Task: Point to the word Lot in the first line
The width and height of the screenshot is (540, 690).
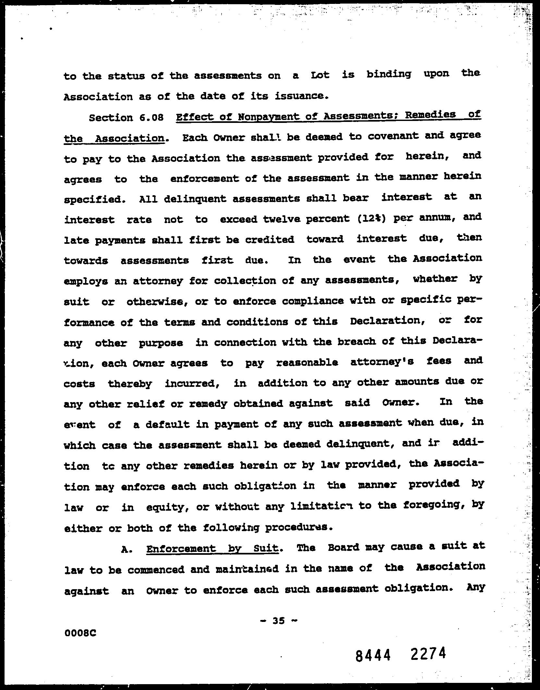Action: tap(320, 75)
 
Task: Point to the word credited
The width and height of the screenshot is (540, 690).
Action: tap(269, 240)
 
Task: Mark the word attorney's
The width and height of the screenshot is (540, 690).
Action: tap(382, 361)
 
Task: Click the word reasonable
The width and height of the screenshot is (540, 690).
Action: tap(307, 362)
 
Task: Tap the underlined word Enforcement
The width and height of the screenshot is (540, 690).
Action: tap(181, 549)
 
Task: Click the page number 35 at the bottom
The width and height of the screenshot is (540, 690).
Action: tap(279, 621)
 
